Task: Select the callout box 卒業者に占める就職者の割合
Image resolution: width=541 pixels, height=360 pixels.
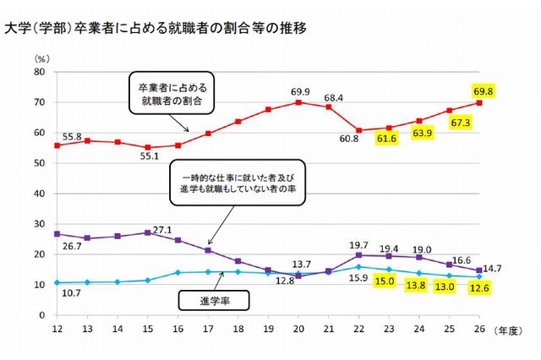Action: [x=169, y=93]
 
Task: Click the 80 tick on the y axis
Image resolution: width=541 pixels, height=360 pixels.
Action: [x=39, y=72]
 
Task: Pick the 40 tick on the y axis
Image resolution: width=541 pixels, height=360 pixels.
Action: [x=39, y=194]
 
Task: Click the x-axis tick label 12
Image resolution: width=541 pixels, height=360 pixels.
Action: [x=57, y=330]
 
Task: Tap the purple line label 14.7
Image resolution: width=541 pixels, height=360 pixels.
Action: [x=506, y=270]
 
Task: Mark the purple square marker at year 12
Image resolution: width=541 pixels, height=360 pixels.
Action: [x=57, y=233]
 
